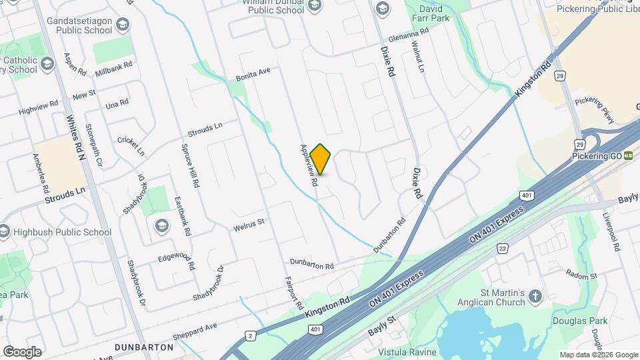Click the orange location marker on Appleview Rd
321,159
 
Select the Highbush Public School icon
5,232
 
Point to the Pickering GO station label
597,156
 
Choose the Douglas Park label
580,321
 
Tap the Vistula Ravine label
407,352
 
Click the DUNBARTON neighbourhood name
144,347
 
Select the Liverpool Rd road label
611,231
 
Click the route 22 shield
501,249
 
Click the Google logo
22,351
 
